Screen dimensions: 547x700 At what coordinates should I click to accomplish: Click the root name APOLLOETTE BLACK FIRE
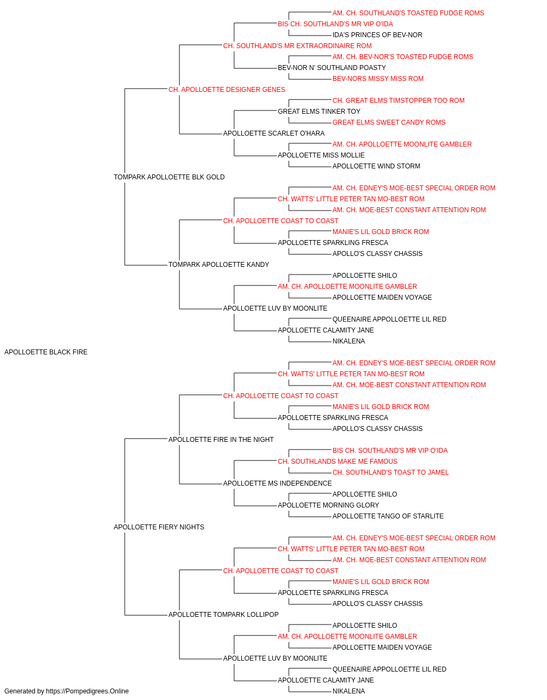pyautogui.click(x=46, y=352)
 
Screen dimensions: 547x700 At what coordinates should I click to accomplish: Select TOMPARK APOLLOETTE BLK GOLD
pyautogui.click(x=169, y=177)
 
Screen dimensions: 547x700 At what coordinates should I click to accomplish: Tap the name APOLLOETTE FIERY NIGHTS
pyautogui.click(x=159, y=527)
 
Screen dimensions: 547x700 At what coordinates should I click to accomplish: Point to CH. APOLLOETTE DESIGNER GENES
pyautogui.click(x=227, y=90)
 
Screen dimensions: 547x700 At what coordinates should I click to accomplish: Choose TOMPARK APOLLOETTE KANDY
pyautogui.click(x=219, y=265)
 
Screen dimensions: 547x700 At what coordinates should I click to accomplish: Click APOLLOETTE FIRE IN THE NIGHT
pyautogui.click(x=221, y=439)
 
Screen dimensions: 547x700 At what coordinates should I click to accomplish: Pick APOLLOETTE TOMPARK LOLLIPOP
pyautogui.click(x=224, y=614)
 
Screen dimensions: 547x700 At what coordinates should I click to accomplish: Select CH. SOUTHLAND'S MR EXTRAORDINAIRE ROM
pyautogui.click(x=298, y=46)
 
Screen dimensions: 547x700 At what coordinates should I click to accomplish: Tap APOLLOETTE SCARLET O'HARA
pyautogui.click(x=274, y=133)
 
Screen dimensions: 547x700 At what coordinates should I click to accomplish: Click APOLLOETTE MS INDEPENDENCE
pyautogui.click(x=277, y=483)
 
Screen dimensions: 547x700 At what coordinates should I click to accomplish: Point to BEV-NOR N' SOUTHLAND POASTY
pyautogui.click(x=332, y=68)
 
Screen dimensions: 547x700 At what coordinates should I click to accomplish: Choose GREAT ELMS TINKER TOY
pyautogui.click(x=319, y=112)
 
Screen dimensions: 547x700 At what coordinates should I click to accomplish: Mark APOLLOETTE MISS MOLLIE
pyautogui.click(x=321, y=155)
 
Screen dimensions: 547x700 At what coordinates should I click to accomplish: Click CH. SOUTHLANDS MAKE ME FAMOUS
pyautogui.click(x=337, y=462)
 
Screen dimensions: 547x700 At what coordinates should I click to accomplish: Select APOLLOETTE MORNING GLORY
pyautogui.click(x=328, y=505)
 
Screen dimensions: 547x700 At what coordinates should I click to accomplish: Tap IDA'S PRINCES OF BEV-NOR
pyautogui.click(x=377, y=35)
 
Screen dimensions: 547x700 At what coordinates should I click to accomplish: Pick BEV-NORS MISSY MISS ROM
pyautogui.click(x=378, y=79)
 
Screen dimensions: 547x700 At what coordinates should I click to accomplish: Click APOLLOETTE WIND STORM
pyautogui.click(x=376, y=166)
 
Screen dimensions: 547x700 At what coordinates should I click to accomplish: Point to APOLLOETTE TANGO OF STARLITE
pyautogui.click(x=388, y=516)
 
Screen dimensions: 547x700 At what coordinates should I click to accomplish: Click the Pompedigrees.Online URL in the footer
pyautogui.click(x=87, y=691)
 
